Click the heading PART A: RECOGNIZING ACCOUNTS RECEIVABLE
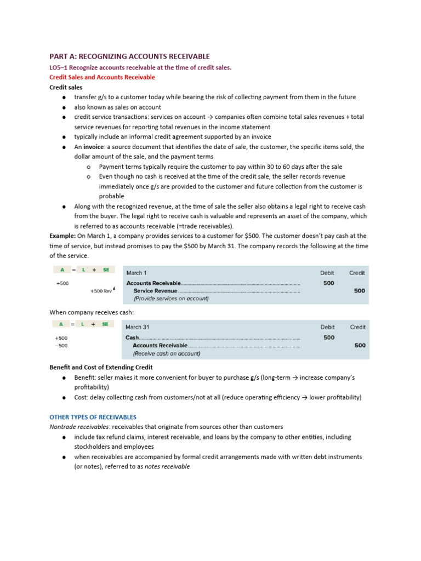pyautogui.click(x=129, y=56)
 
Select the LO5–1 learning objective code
pyautogui.click(x=59, y=67)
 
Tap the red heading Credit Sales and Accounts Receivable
pyautogui.click(x=102, y=77)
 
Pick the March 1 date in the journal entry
pyautogui.click(x=136, y=272)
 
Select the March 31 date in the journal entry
pyautogui.click(x=138, y=327)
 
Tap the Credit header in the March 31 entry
pyautogui.click(x=357, y=327)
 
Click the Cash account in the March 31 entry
pyautogui.click(x=132, y=337)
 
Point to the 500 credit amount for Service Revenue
pyautogui.click(x=359, y=291)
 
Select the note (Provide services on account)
pyautogui.click(x=171, y=299)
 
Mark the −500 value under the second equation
pyautogui.click(x=61, y=346)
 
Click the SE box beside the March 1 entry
pyautogui.click(x=106, y=270)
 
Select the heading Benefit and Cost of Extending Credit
pyautogui.click(x=101, y=367)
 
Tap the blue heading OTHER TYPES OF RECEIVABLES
pyautogui.click(x=93, y=417)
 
